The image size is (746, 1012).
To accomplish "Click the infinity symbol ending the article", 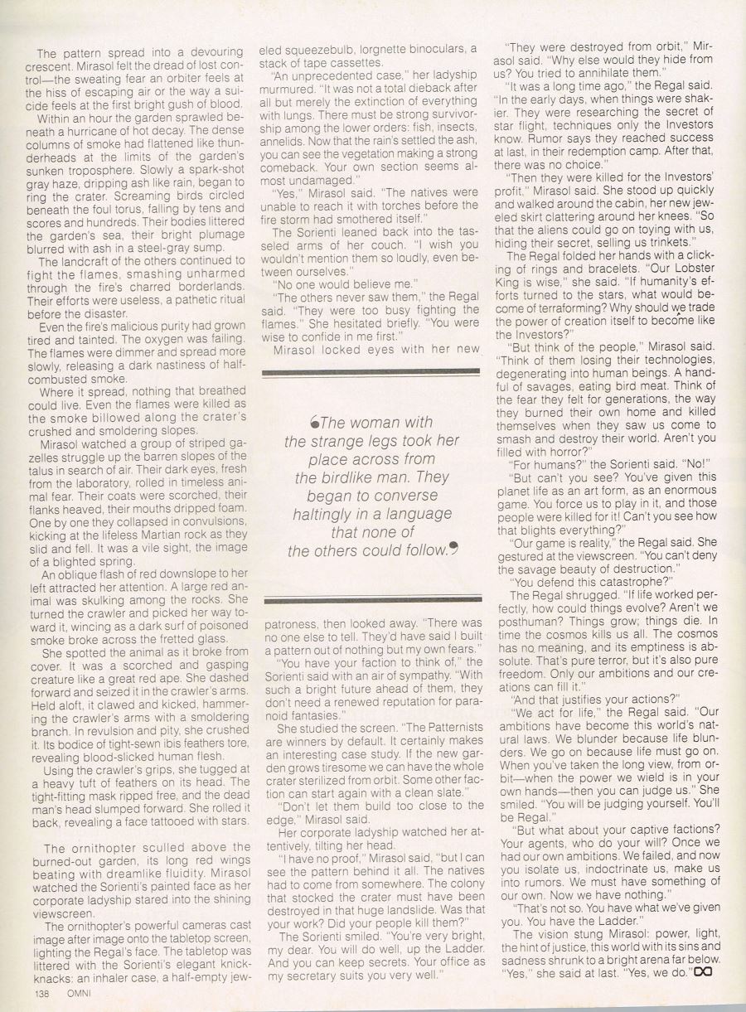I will pos(704,971).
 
